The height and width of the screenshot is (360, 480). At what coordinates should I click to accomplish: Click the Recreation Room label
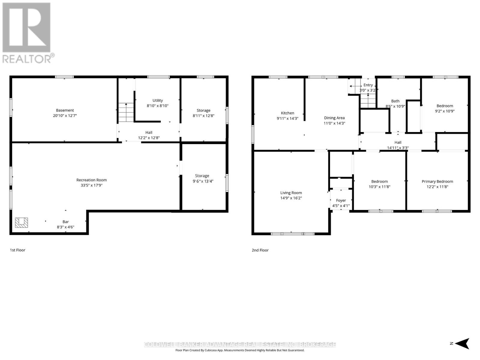(x=91, y=180)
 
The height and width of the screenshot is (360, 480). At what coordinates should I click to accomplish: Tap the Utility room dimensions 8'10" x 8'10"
(x=157, y=106)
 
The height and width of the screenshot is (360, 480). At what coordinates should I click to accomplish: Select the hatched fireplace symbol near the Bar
(x=22, y=223)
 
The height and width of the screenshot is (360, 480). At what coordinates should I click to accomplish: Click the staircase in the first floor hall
(x=126, y=112)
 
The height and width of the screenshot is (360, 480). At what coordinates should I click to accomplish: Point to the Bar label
(x=65, y=222)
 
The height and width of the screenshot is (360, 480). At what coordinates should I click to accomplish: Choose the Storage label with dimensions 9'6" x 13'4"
(x=202, y=176)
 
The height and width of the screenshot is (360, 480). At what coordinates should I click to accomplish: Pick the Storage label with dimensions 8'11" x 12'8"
(x=203, y=110)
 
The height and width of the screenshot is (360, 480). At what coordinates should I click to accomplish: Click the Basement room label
(x=65, y=110)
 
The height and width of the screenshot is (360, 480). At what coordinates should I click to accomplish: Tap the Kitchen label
(x=287, y=113)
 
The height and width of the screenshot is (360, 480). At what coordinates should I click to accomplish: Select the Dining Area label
(x=334, y=118)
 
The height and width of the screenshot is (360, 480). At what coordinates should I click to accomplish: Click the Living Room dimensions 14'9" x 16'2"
(x=291, y=198)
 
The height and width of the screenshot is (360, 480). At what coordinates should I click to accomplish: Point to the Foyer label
(x=341, y=200)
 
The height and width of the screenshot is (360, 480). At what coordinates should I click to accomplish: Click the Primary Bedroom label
(x=437, y=181)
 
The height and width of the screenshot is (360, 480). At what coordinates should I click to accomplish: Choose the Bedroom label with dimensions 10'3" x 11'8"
(x=379, y=181)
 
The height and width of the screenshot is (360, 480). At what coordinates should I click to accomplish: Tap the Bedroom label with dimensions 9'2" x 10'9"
(x=445, y=106)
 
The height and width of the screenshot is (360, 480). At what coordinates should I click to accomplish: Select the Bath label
(x=395, y=101)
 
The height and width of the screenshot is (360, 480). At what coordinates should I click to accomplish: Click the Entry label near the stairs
(x=368, y=85)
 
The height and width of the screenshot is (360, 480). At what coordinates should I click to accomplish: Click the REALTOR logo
(x=27, y=33)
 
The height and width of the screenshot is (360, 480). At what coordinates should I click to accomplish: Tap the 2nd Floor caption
(x=260, y=250)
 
